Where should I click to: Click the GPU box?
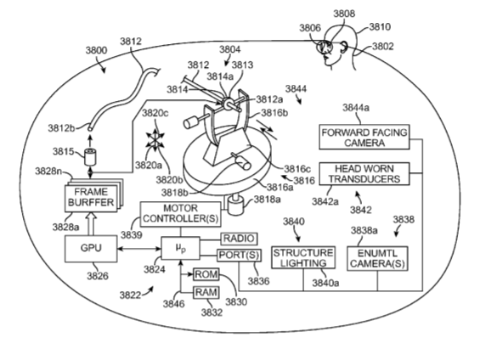click(91, 249)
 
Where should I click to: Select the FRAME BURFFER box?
click(91, 199)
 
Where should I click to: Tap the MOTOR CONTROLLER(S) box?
click(180, 214)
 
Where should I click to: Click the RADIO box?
click(239, 239)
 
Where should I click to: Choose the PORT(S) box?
click(239, 256)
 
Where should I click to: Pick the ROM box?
click(206, 274)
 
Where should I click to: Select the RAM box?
click(206, 292)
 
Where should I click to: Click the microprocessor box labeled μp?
click(180, 248)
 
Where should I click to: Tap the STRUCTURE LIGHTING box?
click(303, 257)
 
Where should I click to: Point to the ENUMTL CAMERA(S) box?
click(377, 259)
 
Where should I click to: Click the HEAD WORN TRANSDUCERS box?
click(364, 174)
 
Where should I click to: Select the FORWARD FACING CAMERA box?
click(364, 137)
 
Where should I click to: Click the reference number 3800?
click(96, 50)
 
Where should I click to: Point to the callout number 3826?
click(98, 276)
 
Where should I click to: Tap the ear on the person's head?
click(343, 48)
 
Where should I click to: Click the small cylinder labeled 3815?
click(90, 157)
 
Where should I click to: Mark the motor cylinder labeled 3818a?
click(235, 205)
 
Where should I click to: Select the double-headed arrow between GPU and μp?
click(138, 249)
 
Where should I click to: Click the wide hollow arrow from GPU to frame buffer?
click(91, 224)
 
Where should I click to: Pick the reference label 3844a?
click(356, 108)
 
